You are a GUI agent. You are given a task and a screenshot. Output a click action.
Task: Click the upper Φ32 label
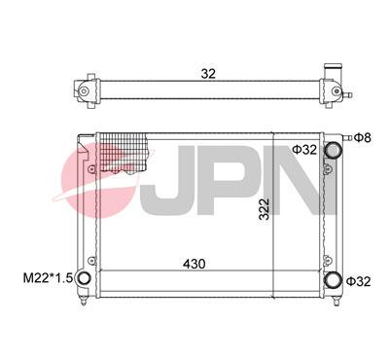(x=305, y=149)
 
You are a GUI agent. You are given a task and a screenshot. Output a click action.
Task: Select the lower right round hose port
(x=335, y=280)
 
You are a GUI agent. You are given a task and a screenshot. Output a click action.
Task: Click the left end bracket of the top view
(x=85, y=91)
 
